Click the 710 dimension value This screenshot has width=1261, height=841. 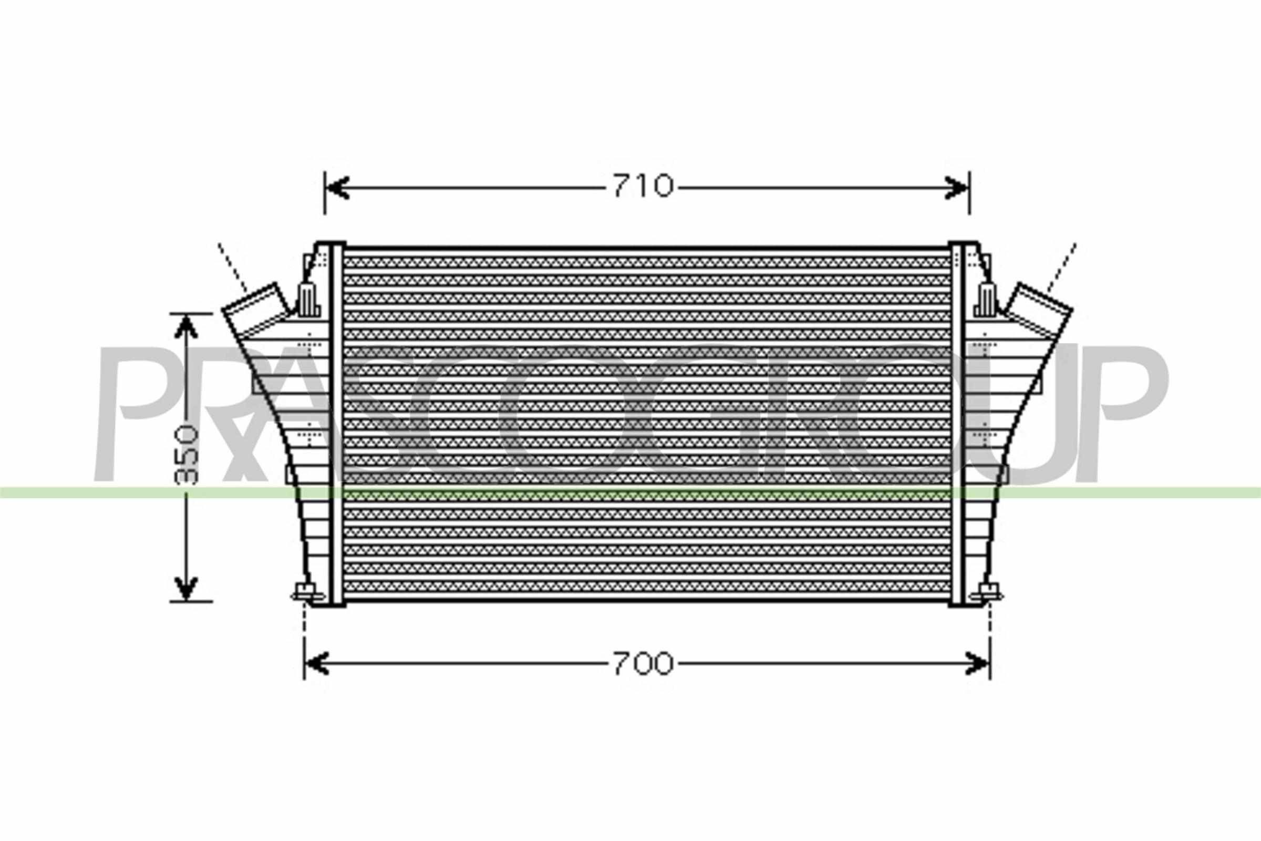642,187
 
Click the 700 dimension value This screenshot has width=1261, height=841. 642,664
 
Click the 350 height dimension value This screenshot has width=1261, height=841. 187,455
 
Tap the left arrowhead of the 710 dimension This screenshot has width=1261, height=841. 337,188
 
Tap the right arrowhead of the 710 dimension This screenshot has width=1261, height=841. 957,188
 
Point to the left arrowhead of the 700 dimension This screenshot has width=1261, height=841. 316,664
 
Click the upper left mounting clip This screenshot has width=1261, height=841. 309,301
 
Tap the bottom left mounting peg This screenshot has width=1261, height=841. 307,594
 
